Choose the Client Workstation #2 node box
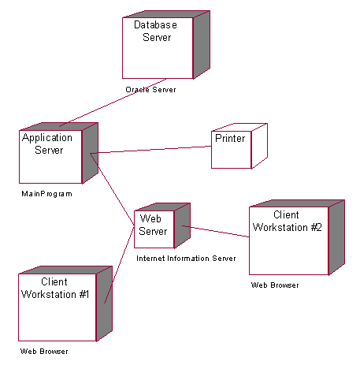287,240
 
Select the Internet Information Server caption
186,259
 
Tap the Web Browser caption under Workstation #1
43,351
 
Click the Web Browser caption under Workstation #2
275,285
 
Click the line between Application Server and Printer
150,150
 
